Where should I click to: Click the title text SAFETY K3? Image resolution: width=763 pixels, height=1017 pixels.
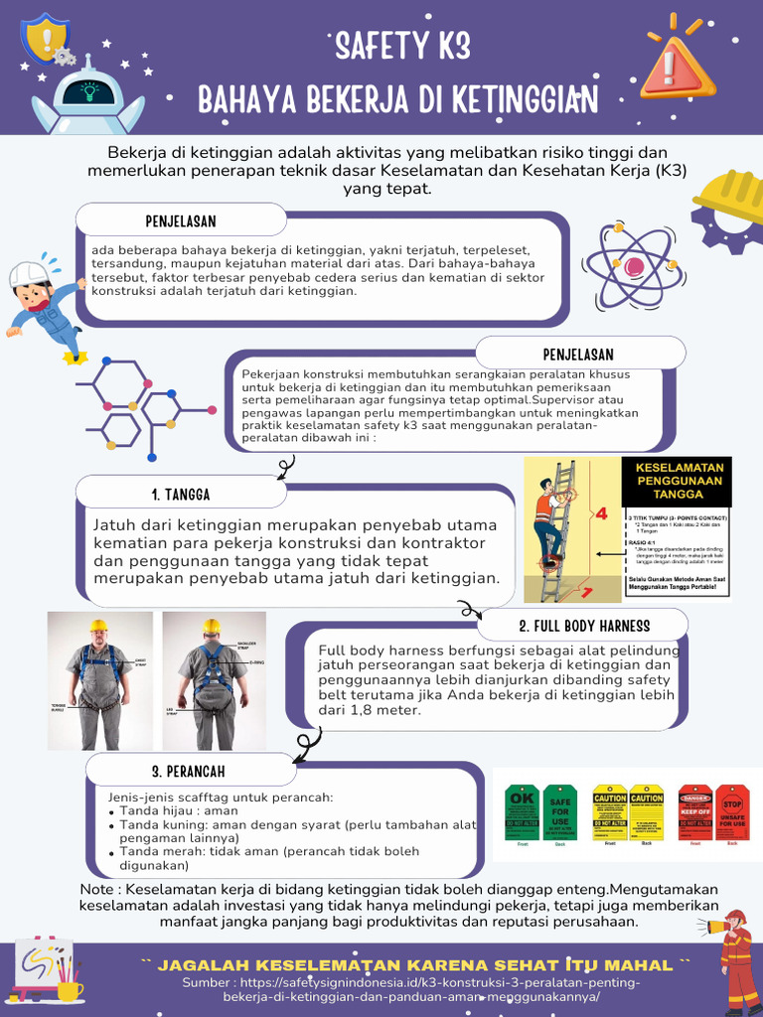point(402,47)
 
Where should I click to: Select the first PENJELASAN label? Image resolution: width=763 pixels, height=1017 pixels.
point(181,220)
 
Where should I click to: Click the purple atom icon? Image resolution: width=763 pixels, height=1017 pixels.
point(633,264)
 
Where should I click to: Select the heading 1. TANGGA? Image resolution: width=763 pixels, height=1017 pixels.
point(181,494)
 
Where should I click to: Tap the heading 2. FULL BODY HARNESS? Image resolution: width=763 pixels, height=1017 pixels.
point(583,626)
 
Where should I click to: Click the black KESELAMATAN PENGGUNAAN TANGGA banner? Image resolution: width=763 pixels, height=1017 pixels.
point(678,480)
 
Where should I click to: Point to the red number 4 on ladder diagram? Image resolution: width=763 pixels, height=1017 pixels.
point(600,513)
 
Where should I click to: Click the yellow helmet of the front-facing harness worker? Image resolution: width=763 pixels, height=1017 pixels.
point(97,626)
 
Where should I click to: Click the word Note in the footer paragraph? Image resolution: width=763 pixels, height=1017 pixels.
point(95,889)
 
